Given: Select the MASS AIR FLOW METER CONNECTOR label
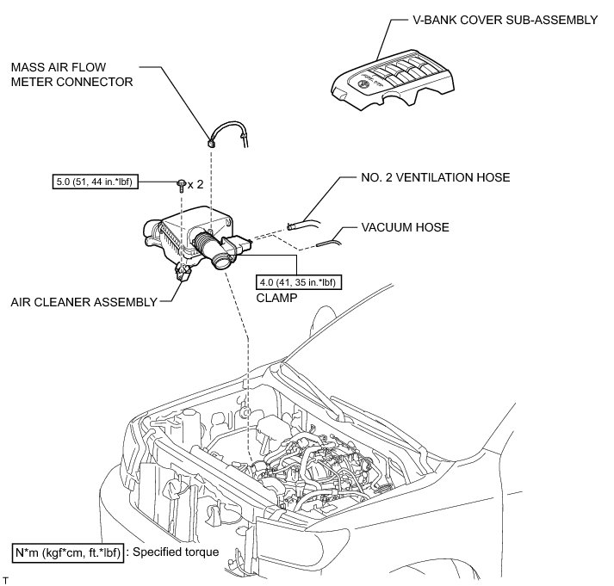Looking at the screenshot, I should [71, 75].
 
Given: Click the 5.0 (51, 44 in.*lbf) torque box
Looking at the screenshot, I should [90, 182].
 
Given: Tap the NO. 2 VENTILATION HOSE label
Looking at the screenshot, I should [436, 178].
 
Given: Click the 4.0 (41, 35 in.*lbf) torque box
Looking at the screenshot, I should [296, 281].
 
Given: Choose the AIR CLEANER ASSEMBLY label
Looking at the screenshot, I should [84, 301].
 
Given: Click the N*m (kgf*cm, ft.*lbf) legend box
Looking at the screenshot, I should [67, 552].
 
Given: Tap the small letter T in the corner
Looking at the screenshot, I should [5, 581].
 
